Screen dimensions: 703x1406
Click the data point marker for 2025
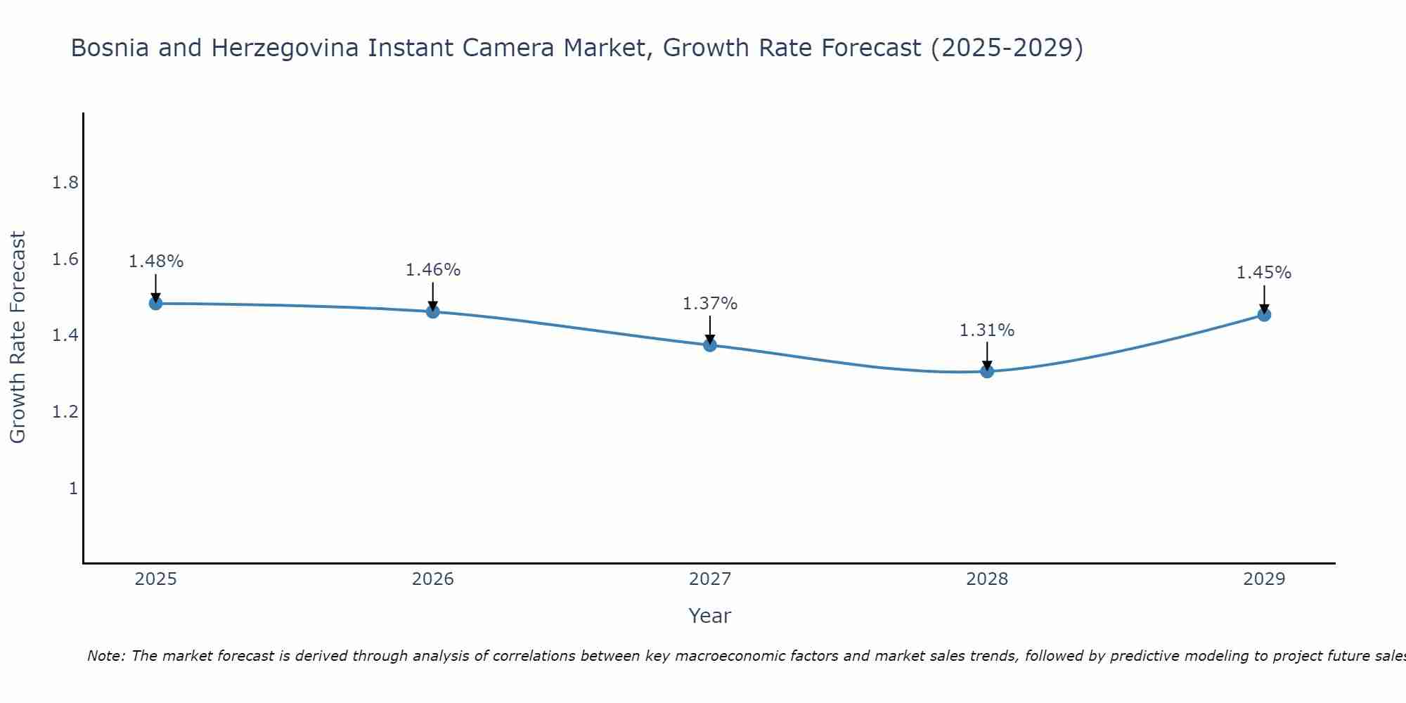pyautogui.click(x=156, y=303)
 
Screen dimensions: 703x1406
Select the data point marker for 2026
pyautogui.click(x=433, y=311)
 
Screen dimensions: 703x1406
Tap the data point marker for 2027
pyautogui.click(x=710, y=344)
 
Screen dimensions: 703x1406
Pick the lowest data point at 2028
pyautogui.click(x=987, y=370)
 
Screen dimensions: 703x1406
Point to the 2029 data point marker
pyautogui.click(x=1264, y=314)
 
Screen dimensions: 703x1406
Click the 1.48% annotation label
pyautogui.click(x=156, y=262)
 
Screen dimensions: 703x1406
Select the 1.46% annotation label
pyautogui.click(x=433, y=270)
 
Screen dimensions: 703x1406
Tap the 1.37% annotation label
pyautogui.click(x=710, y=304)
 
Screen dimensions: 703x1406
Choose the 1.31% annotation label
pyautogui.click(x=987, y=330)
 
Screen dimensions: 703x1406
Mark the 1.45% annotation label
pyautogui.click(x=1264, y=273)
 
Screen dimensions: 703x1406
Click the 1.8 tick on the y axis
pyautogui.click(x=65, y=183)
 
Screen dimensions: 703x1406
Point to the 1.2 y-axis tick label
pyautogui.click(x=65, y=412)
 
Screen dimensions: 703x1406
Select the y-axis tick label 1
pyautogui.click(x=72, y=488)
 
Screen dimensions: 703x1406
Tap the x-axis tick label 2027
pyautogui.click(x=710, y=579)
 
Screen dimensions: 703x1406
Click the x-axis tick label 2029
pyautogui.click(x=1264, y=579)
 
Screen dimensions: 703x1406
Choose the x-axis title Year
pyautogui.click(x=710, y=616)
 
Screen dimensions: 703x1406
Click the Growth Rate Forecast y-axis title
pyautogui.click(x=18, y=337)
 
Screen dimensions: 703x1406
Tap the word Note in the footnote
pyautogui.click(x=105, y=656)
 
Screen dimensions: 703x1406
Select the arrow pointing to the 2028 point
pyautogui.click(x=987, y=355)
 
